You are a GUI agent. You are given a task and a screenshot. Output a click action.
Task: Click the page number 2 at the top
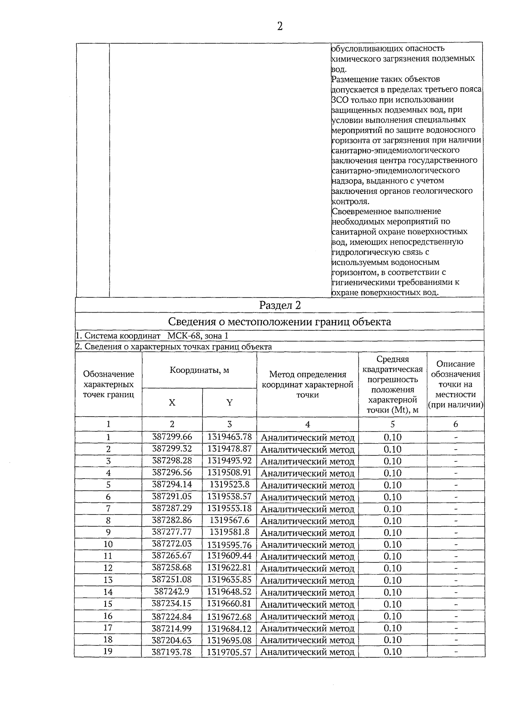point(280,27)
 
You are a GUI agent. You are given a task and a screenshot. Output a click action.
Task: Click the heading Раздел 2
point(280,305)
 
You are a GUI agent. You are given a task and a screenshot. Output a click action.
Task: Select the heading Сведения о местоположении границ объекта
point(280,322)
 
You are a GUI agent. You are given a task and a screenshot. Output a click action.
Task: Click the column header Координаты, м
point(199,370)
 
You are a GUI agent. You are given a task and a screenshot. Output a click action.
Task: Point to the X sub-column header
point(172,402)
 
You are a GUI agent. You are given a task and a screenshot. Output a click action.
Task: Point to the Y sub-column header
point(229,402)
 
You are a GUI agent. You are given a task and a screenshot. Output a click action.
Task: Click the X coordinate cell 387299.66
point(172,437)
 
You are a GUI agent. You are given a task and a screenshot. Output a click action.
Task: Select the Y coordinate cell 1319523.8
point(229,484)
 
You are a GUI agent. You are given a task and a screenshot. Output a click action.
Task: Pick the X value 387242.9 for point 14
point(172,591)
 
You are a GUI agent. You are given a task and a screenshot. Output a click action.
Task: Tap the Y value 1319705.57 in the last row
point(229,652)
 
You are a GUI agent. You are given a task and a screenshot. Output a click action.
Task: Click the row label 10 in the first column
point(108,544)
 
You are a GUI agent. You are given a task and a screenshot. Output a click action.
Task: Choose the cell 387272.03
point(172,544)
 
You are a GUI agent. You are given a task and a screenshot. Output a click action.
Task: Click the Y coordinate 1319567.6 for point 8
point(229,520)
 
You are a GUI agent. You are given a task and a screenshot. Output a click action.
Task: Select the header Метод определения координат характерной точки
point(307,384)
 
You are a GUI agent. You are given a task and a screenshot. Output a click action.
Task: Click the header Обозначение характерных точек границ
point(108,384)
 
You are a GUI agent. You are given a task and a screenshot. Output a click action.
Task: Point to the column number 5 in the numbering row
point(393,424)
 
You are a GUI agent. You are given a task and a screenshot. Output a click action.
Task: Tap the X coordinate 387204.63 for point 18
point(172,640)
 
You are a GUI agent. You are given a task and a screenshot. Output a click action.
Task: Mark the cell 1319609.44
point(229,556)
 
